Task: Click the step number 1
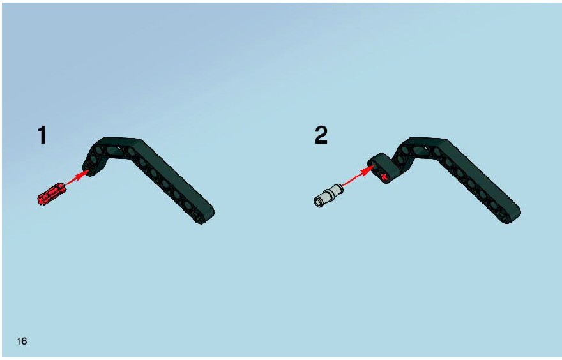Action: (42, 135)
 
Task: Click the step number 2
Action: (321, 135)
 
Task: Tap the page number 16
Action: (22, 341)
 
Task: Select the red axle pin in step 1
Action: (52, 194)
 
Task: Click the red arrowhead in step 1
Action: (84, 174)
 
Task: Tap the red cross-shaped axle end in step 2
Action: (384, 176)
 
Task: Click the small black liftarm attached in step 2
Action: (383, 169)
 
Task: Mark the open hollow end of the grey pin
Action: (319, 202)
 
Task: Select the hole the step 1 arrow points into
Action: (89, 168)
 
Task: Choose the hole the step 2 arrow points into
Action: (374, 165)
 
